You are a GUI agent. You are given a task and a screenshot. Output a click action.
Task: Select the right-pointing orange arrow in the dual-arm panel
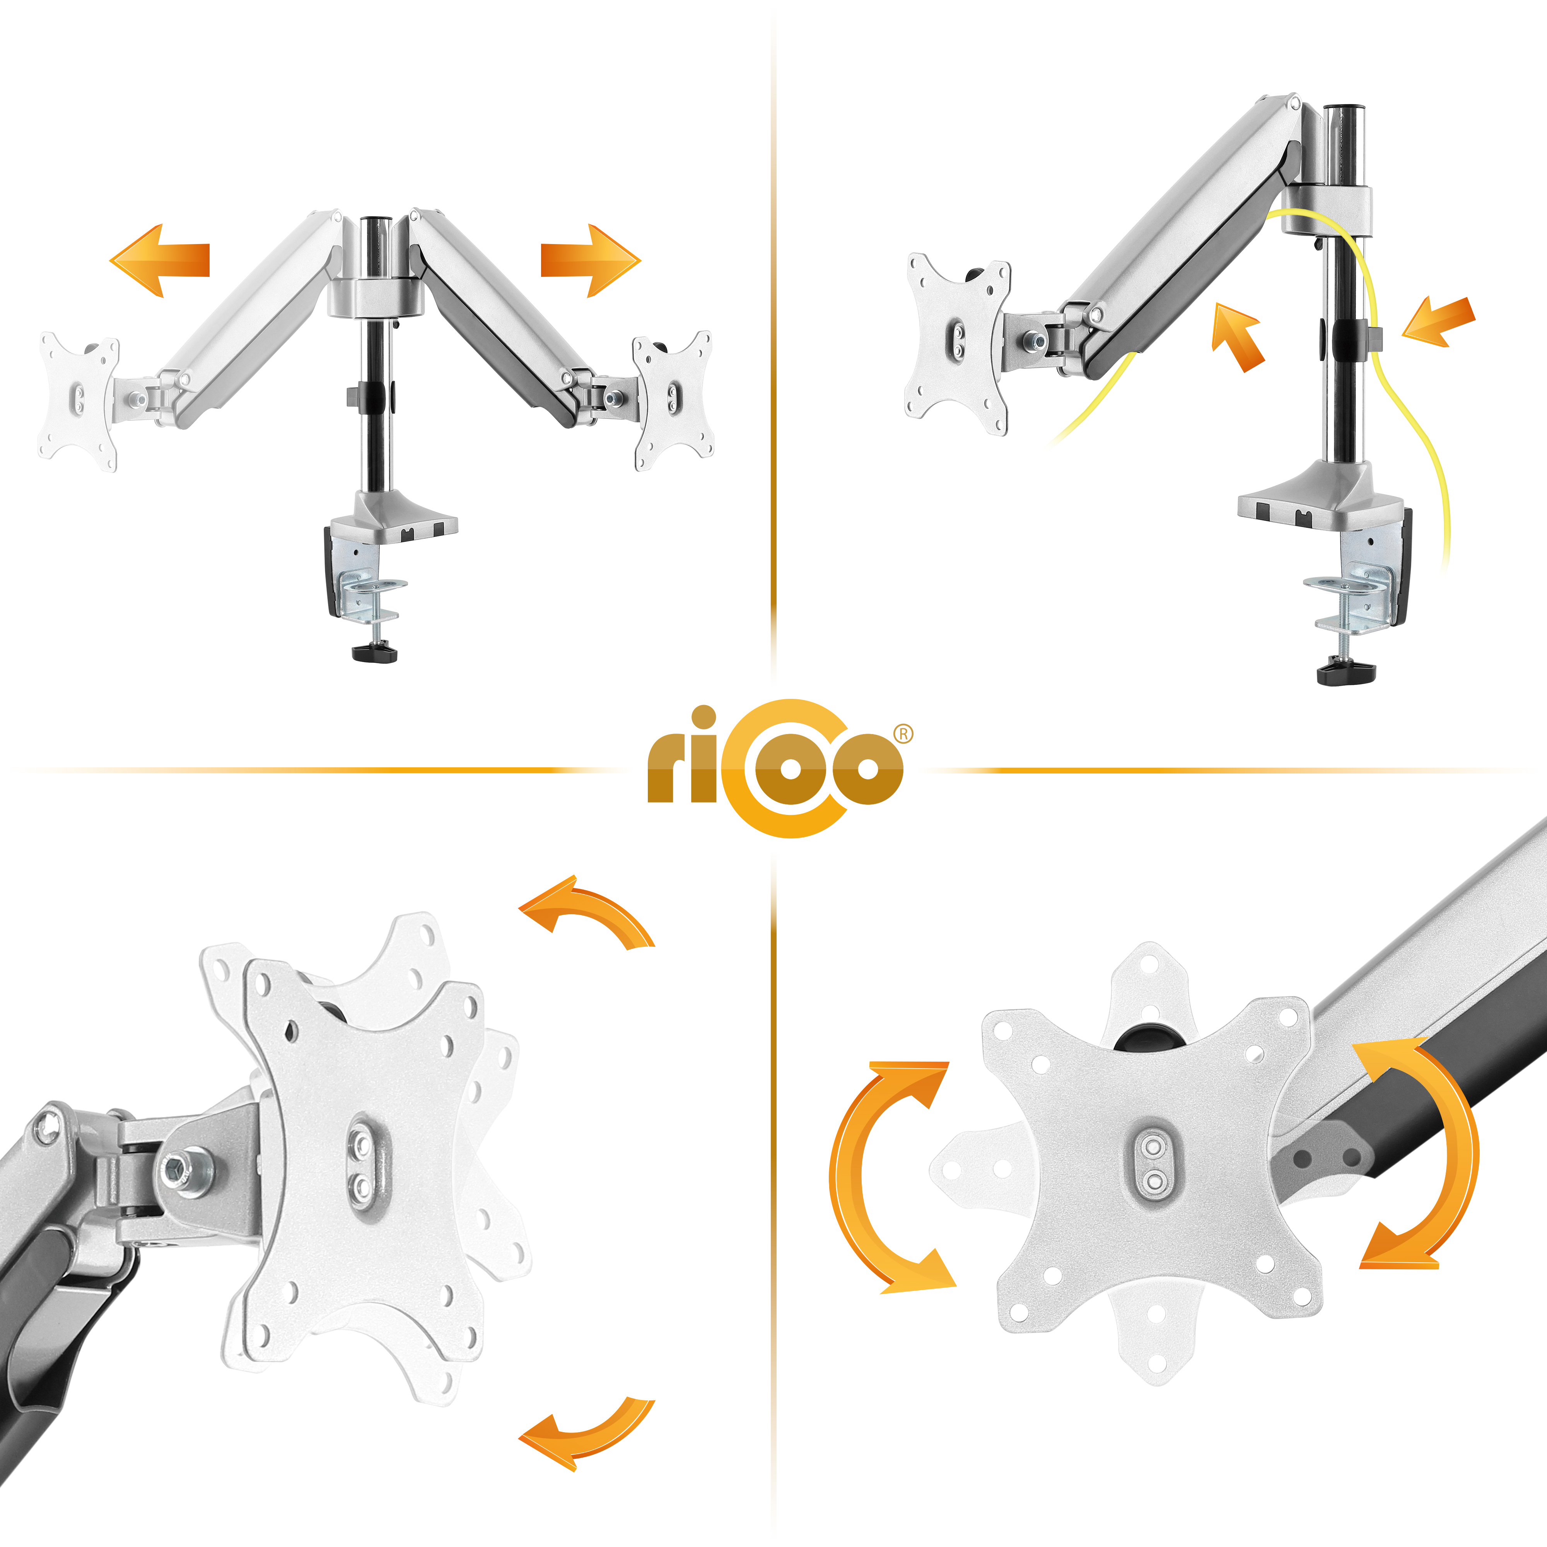(591, 260)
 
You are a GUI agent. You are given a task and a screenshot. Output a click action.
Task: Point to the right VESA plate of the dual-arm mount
(673, 400)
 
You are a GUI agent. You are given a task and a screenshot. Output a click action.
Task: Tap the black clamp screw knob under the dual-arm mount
(375, 652)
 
